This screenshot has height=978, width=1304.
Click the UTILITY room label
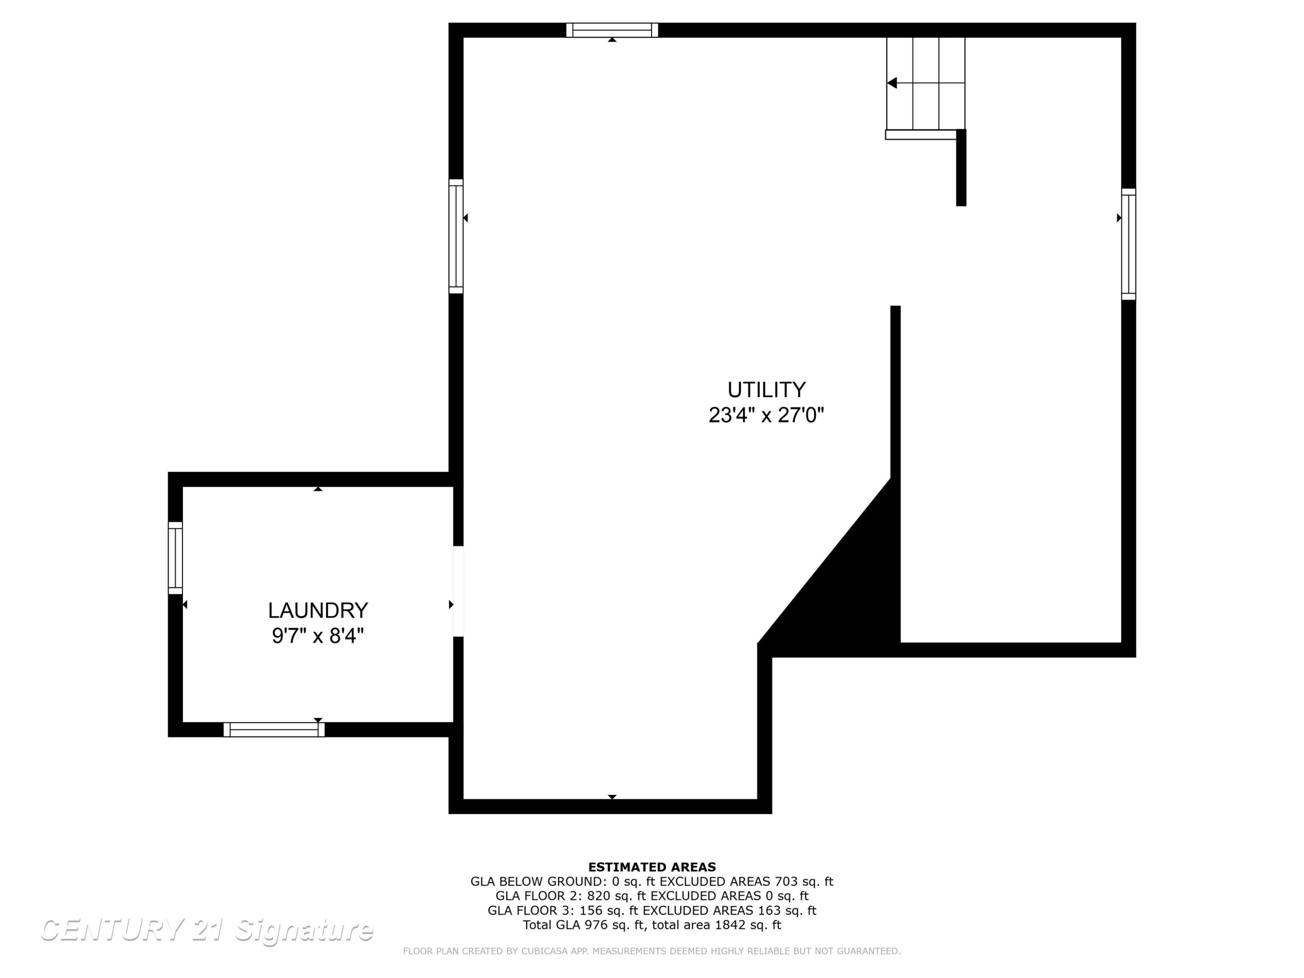click(x=766, y=389)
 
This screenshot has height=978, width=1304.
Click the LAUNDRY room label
click(x=318, y=610)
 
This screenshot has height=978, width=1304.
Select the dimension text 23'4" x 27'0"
click(x=766, y=415)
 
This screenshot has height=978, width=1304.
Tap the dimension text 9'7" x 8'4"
click(x=318, y=636)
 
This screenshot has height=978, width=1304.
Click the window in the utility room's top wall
click(x=612, y=30)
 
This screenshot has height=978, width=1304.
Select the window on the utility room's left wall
click(x=456, y=236)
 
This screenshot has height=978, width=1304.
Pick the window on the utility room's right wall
click(x=1128, y=244)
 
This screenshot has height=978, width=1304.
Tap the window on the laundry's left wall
click(x=175, y=558)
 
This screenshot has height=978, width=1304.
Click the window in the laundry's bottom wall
click(x=274, y=729)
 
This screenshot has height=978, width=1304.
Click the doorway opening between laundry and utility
click(x=458, y=591)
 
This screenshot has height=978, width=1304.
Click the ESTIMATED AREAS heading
click(x=652, y=867)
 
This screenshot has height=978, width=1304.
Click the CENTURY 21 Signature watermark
click(x=206, y=930)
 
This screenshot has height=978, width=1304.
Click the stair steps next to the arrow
click(x=925, y=83)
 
